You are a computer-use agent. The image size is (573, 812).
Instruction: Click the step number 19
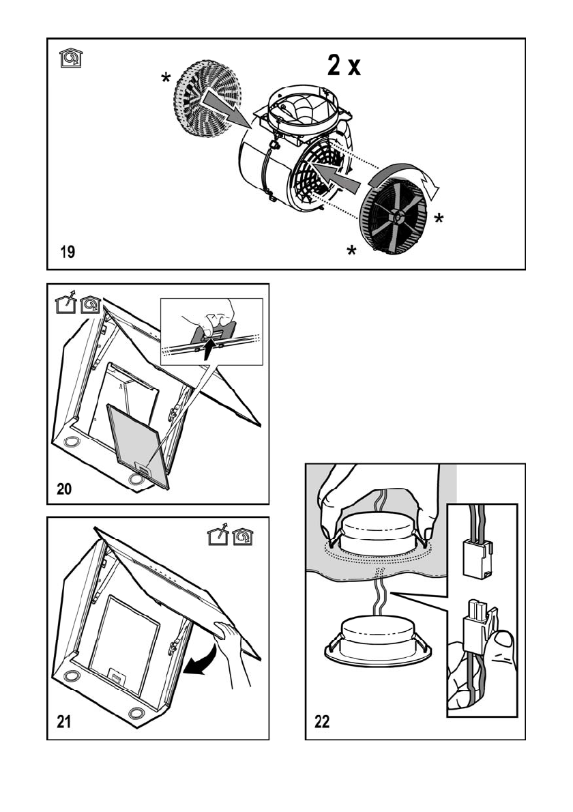tap(66, 252)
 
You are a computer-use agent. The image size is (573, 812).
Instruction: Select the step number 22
tap(322, 723)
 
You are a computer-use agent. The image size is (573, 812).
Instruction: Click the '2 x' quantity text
tap(342, 67)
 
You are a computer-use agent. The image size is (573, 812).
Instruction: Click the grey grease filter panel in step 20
tap(137, 444)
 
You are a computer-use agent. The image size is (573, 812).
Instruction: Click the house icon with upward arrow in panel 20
tap(65, 303)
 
